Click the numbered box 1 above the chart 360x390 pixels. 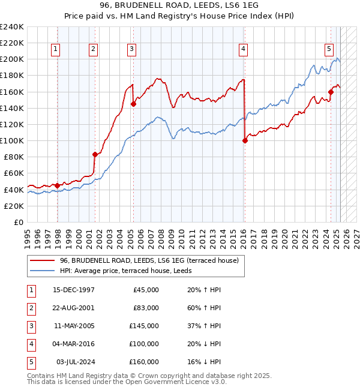point(55,50)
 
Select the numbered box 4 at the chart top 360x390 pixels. point(243,50)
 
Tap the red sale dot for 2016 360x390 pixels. point(245,141)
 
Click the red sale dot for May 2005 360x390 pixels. point(133,104)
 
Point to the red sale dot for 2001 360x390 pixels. point(95,154)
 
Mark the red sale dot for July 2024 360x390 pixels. point(331,92)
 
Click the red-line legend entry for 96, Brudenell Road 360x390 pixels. point(149,260)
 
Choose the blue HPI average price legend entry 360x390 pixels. point(134,271)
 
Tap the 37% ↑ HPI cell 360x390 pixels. point(200,326)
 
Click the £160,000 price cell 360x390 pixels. point(143,362)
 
